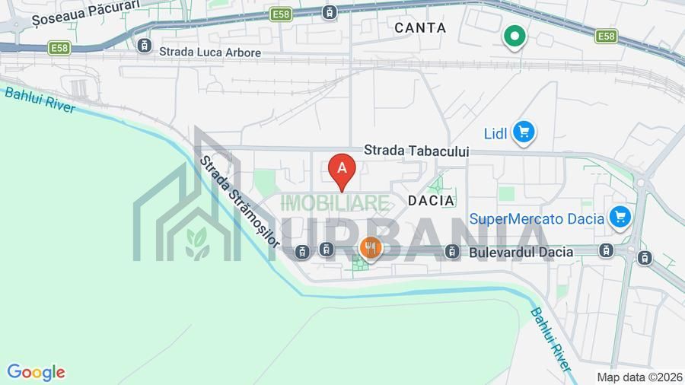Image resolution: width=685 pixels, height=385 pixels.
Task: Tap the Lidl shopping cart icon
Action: (523, 133)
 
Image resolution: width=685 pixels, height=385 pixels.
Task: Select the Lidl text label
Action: (495, 134)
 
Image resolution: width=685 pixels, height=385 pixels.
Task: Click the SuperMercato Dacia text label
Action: (537, 219)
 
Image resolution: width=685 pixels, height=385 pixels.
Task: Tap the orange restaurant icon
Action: (370, 247)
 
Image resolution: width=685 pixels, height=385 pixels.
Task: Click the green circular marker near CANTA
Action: (515, 36)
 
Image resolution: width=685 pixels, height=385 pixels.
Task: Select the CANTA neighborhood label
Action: (420, 27)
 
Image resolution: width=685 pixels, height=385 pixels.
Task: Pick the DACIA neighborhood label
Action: (432, 201)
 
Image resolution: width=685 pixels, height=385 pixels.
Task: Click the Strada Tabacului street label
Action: (416, 151)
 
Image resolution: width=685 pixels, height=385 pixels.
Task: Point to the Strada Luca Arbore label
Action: (210, 52)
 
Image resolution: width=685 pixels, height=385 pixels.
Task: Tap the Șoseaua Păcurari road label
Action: (76, 6)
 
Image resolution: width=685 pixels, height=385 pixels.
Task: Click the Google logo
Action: (36, 372)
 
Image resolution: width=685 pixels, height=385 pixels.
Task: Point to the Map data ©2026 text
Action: (639, 377)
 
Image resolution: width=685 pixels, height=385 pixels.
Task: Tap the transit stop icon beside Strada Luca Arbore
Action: (145, 46)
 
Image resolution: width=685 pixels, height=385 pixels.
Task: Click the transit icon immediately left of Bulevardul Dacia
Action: (452, 251)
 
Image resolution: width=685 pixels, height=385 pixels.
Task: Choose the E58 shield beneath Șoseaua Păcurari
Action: (59, 48)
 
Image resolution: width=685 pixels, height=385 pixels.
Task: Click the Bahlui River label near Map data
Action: (550, 339)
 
